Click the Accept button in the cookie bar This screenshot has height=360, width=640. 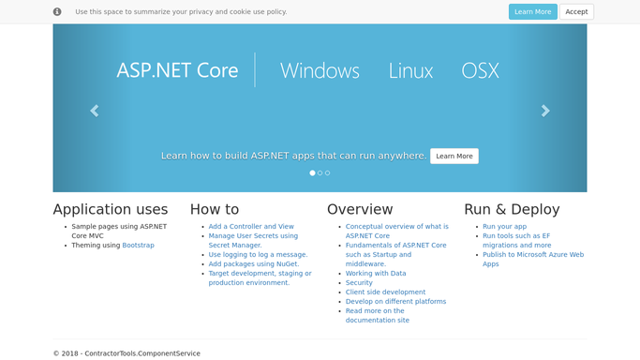coord(576,12)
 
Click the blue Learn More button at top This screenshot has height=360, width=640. coord(532,12)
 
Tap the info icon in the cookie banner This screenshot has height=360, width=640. coord(57,12)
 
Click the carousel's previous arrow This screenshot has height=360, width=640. coord(95,111)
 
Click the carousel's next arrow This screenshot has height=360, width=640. coord(545,111)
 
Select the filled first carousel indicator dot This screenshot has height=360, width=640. coord(312,173)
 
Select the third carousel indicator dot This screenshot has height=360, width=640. coord(327,173)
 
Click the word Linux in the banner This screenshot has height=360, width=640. coord(410,70)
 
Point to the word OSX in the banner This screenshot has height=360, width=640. coord(480,70)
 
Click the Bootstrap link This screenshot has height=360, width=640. coord(138,246)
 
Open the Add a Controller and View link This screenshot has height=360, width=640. coord(251,227)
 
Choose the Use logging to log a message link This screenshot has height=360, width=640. coord(258,255)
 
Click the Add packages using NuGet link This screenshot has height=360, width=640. coord(253,264)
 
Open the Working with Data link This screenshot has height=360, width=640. coord(376,274)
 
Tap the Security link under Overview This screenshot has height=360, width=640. coord(359,283)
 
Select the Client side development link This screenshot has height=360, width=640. coord(385,292)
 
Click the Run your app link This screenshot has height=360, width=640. coord(504,227)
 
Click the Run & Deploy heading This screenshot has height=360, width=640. coord(512,209)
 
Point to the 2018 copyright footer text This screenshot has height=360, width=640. coord(127,353)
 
